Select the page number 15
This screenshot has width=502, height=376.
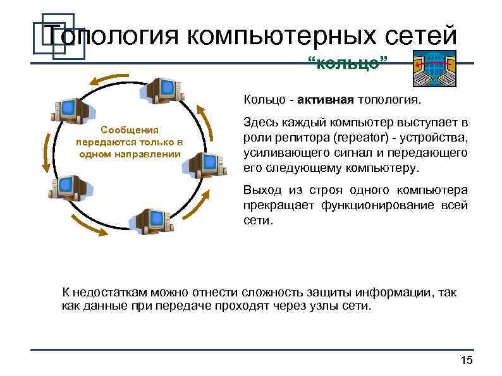[467, 360]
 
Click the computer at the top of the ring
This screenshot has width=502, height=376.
[162, 91]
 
